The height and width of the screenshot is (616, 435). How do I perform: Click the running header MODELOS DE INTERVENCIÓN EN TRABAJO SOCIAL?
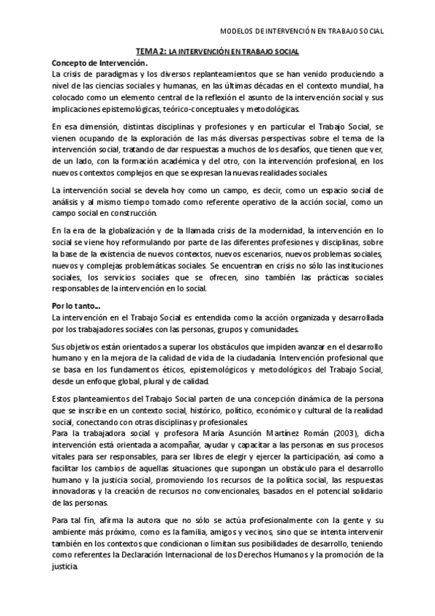tap(301, 31)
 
